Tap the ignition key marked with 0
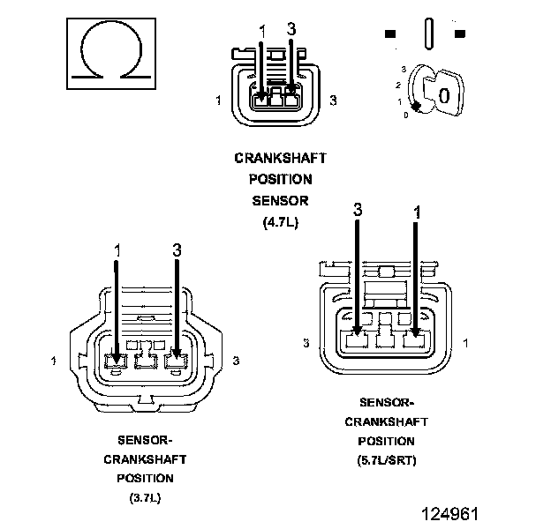tap(443, 93)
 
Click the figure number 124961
tap(450, 514)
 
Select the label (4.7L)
tap(281, 222)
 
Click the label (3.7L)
tap(145, 497)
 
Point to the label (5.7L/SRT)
tap(387, 460)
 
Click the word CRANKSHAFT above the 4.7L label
tap(281, 158)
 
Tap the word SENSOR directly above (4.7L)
tap(281, 201)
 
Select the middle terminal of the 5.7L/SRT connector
tap(386, 339)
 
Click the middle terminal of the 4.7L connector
tap(275, 100)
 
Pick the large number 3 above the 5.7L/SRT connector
tap(358, 210)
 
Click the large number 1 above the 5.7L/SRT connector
tap(417, 212)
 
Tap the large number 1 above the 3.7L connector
tap(117, 250)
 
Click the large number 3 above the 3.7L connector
tap(177, 250)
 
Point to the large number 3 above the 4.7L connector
tap(291, 29)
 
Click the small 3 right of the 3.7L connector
tap(236, 361)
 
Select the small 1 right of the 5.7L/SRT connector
tap(465, 343)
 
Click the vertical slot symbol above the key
tap(429, 34)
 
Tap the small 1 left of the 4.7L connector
tap(219, 101)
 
